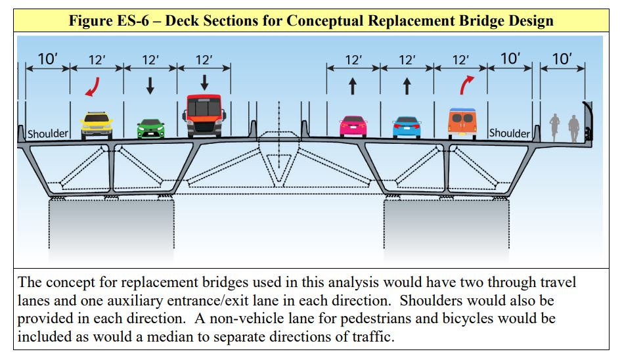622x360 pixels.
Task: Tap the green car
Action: pyautogui.click(x=150, y=128)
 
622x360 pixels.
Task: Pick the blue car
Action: pyautogui.click(x=407, y=127)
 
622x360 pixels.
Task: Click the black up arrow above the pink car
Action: pyautogui.click(x=353, y=86)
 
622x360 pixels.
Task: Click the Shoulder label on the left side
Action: pyautogui.click(x=49, y=134)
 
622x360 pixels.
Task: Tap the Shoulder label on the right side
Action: pyautogui.click(x=510, y=133)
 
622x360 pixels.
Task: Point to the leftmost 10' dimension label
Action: pyautogui.click(x=47, y=59)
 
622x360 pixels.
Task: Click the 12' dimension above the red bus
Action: pyautogui.click(x=204, y=60)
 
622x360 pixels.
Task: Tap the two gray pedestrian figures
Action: pyautogui.click(x=564, y=128)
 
